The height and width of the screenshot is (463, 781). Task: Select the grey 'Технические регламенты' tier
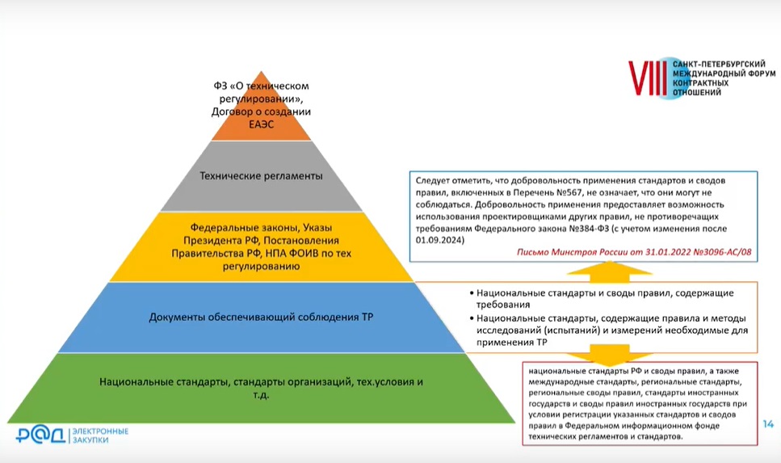coord(262,176)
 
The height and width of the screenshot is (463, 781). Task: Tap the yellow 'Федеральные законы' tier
coord(262,246)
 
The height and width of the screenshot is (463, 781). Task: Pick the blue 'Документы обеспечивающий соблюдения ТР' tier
coord(261,318)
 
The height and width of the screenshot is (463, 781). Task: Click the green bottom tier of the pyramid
coord(261,388)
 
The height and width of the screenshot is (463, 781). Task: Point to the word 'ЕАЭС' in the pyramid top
coord(262,124)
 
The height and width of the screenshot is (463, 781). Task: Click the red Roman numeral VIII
coord(648,78)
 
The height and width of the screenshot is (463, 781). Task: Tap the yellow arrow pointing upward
coord(610,272)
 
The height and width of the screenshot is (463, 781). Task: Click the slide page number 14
coord(768,424)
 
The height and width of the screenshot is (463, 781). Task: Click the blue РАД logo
coord(41,435)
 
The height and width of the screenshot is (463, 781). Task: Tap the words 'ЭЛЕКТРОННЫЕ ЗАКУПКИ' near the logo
coord(100,435)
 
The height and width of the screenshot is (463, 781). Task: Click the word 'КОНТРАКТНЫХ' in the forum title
coord(701,83)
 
